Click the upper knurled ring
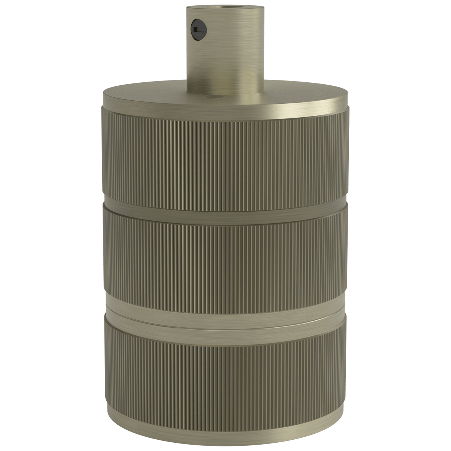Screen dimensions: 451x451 (x=225, y=154)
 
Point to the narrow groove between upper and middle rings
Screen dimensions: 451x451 (x=225, y=205)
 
